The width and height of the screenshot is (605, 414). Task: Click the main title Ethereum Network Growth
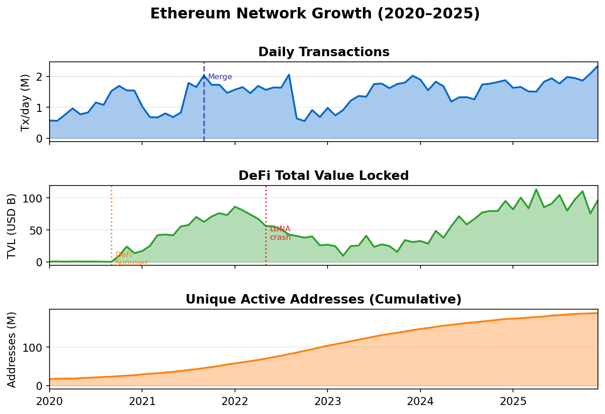click(315, 14)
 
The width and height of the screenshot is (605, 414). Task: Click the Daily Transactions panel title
click(324, 52)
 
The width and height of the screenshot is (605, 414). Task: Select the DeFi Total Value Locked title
click(324, 176)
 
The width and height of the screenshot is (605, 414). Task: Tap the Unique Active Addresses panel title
click(324, 300)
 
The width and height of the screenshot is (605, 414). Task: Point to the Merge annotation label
click(220, 77)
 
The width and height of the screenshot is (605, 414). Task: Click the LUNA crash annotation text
click(280, 233)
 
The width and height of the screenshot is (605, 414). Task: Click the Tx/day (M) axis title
click(25, 102)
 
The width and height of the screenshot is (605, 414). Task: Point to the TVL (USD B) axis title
click(12, 226)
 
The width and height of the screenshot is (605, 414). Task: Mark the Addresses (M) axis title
click(12, 349)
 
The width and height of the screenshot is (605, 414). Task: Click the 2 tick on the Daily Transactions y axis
click(40, 76)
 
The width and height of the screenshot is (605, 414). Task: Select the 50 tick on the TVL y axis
click(37, 230)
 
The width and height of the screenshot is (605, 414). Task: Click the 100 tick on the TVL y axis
click(34, 198)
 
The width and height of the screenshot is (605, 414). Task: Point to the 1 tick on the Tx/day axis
click(40, 108)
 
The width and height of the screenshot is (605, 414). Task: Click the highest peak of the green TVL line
click(536, 189)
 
